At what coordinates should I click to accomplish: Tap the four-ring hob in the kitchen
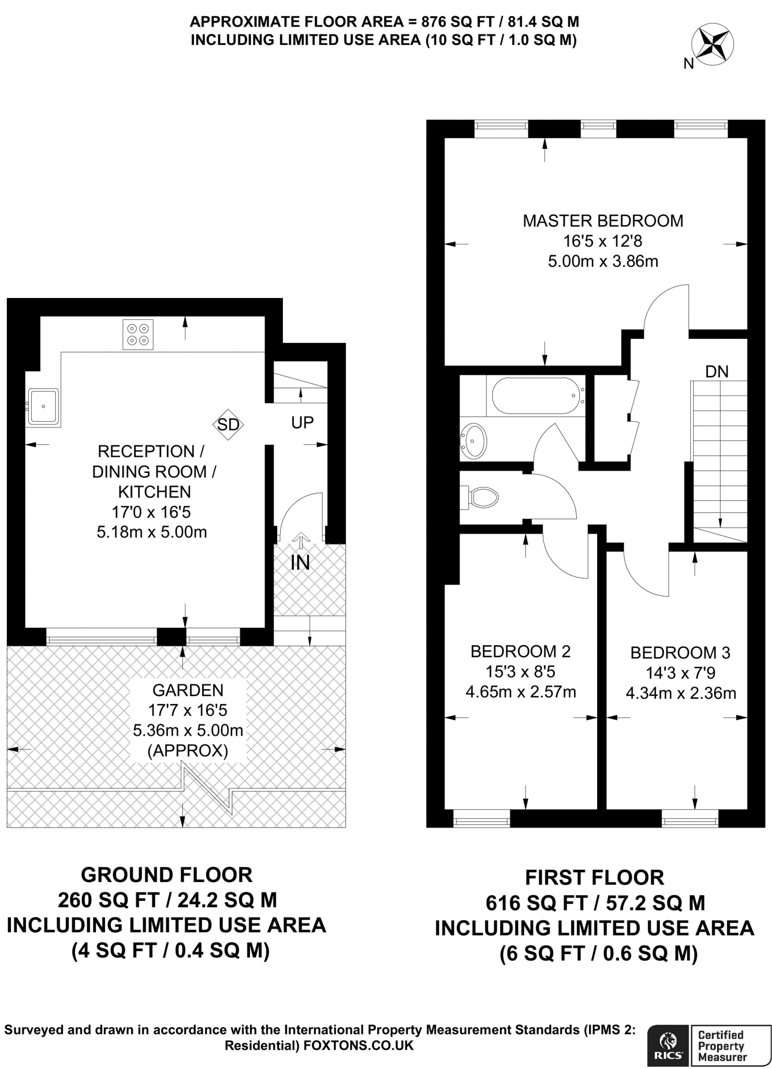[138, 335]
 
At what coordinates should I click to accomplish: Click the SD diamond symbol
[228, 424]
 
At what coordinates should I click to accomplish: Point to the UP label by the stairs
[302, 423]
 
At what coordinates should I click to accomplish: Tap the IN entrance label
[300, 563]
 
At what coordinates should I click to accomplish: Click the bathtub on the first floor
[535, 396]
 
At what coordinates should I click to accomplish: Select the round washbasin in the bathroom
[473, 441]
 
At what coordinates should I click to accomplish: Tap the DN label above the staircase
[717, 372]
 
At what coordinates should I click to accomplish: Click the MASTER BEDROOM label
[603, 221]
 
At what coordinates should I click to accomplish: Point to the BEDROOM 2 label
[520, 651]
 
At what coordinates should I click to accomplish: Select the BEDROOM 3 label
[680, 652]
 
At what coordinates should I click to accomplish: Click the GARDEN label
[188, 690]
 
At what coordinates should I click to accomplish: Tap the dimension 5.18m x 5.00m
[152, 532]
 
